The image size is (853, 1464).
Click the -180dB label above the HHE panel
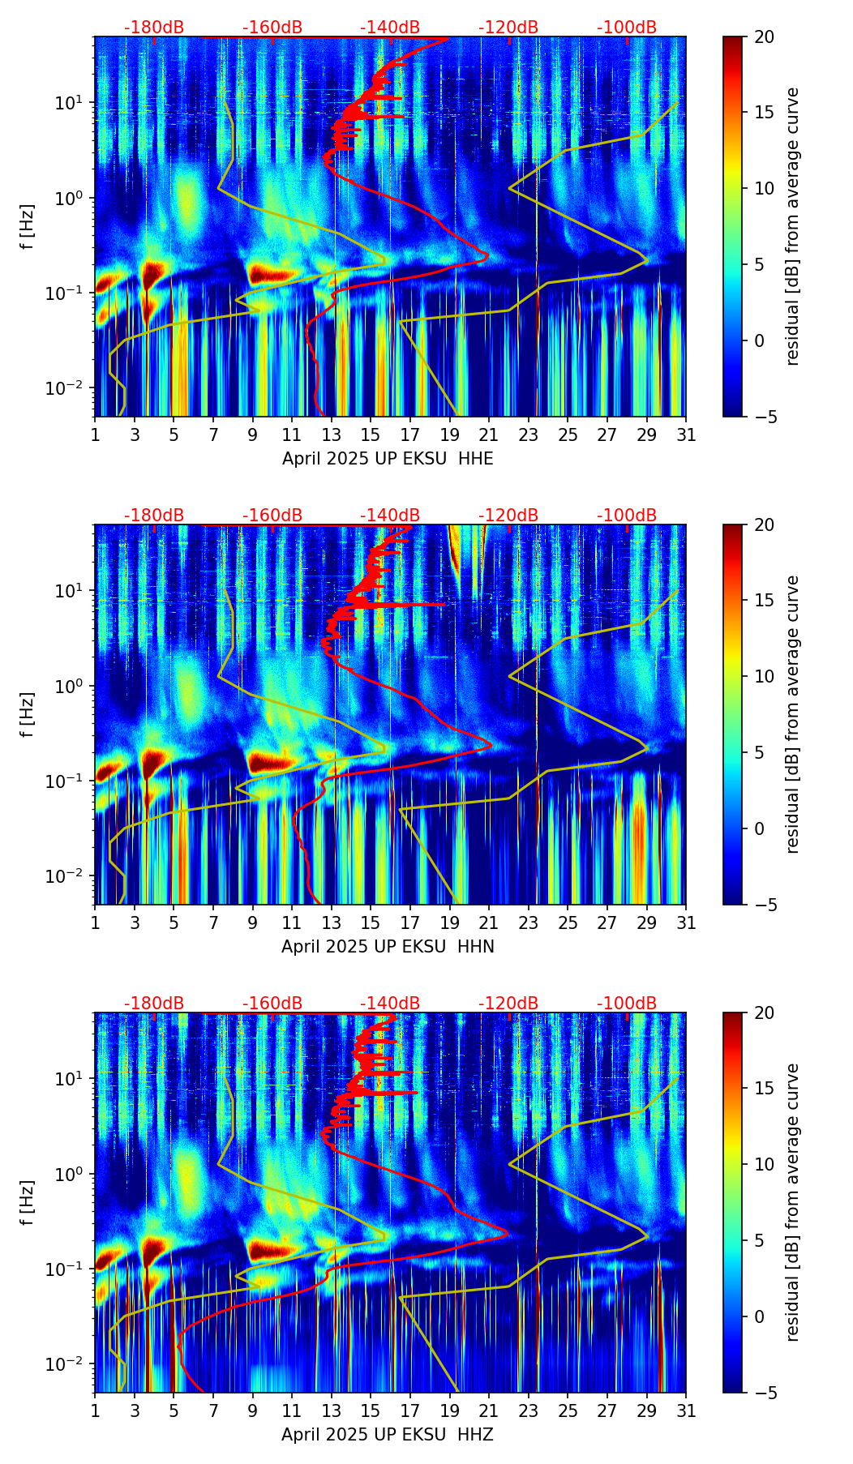pyautogui.click(x=154, y=28)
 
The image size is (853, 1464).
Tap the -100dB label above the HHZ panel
pyautogui.click(x=627, y=1004)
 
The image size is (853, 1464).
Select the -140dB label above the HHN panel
pyautogui.click(x=390, y=516)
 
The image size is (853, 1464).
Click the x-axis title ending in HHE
pyautogui.click(x=388, y=459)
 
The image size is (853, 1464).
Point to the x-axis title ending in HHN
pyautogui.click(x=388, y=947)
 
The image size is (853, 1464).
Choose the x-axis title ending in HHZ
pyautogui.click(x=388, y=1435)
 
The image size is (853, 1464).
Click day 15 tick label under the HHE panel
pyautogui.click(x=371, y=435)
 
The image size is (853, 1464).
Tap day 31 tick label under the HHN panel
pyautogui.click(x=686, y=923)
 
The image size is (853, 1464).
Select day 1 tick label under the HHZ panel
pyautogui.click(x=96, y=1411)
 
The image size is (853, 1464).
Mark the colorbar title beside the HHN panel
pyautogui.click(x=792, y=714)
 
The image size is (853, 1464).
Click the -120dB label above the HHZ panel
pyautogui.click(x=508, y=1004)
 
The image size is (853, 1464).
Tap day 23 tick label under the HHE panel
pyautogui.click(x=529, y=435)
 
